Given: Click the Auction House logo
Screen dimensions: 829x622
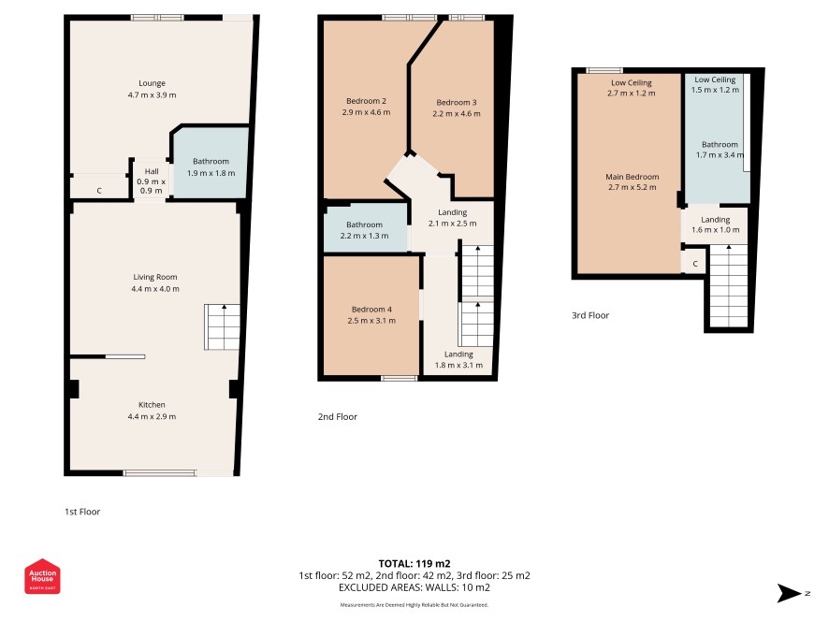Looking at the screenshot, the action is click(x=42, y=576).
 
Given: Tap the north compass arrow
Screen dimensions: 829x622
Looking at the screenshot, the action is click(x=789, y=593).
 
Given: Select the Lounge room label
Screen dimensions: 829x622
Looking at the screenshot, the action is click(x=152, y=83).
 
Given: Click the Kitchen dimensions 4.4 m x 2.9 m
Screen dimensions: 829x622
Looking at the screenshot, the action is click(x=152, y=416).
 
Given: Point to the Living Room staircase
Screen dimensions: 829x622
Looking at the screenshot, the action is click(x=222, y=326).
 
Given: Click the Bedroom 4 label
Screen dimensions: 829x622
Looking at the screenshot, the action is click(x=371, y=310).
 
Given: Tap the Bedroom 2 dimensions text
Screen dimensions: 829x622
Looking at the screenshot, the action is click(x=367, y=112).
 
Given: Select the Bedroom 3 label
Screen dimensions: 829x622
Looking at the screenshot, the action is click(x=457, y=102).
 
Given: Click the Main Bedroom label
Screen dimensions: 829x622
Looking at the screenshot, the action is click(x=633, y=177).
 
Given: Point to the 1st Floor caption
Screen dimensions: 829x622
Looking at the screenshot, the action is click(x=82, y=512).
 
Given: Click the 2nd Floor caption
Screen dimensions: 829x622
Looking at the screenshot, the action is click(x=338, y=416).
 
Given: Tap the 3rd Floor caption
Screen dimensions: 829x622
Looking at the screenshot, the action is click(x=590, y=315).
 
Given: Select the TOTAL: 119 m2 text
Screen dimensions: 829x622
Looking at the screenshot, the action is click(x=414, y=563).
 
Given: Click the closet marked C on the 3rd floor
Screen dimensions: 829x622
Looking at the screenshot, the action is click(x=694, y=263).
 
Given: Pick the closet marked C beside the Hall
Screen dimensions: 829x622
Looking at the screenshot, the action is click(x=99, y=188).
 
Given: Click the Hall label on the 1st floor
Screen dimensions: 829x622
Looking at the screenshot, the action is click(x=152, y=171).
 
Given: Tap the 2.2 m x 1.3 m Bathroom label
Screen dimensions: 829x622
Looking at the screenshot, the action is click(x=364, y=230).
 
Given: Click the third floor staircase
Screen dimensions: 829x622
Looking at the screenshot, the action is click(x=729, y=286).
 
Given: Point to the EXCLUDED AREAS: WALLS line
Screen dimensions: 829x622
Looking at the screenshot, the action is click(x=414, y=587).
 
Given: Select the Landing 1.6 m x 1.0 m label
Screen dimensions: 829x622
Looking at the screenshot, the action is click(x=716, y=224).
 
